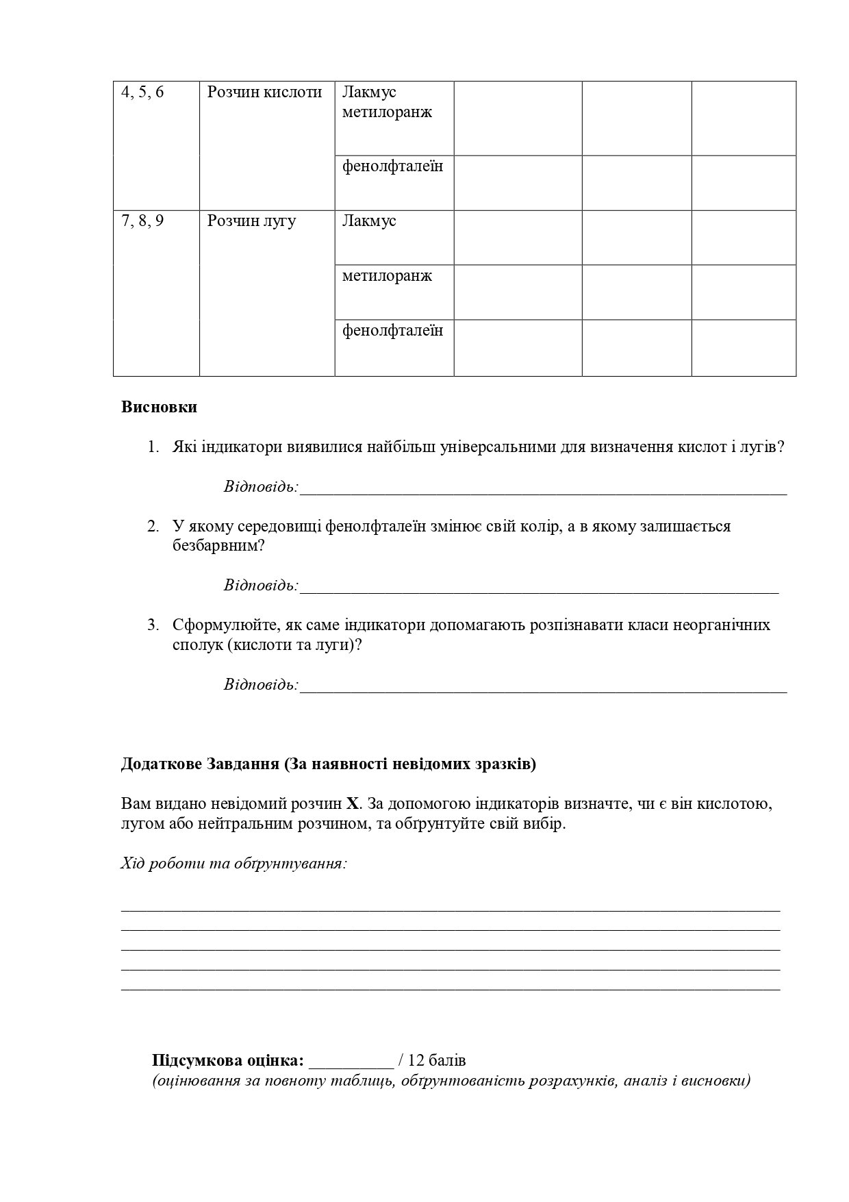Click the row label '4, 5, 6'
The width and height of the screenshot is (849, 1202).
tap(142, 92)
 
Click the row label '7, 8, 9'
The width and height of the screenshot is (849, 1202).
tap(142, 221)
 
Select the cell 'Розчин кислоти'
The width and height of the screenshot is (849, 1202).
tap(264, 92)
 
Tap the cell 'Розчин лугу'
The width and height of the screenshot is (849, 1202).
tap(251, 221)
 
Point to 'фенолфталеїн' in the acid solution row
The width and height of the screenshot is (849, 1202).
tap(392, 166)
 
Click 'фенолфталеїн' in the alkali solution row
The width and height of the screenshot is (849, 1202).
tap(392, 331)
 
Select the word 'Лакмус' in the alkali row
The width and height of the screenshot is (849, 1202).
tap(369, 221)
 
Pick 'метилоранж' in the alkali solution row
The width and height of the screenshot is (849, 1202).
tap(387, 276)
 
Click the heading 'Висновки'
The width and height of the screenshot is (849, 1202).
tap(159, 408)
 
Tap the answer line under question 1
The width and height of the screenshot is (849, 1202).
tap(543, 489)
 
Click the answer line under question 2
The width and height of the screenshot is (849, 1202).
tap(539, 587)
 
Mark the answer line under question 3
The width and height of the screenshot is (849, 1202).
tap(543, 686)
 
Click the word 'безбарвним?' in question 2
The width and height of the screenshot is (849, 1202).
tap(219, 547)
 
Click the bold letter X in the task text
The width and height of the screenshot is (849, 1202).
tap(353, 804)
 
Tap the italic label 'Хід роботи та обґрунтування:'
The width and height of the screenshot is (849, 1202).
tap(234, 864)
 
